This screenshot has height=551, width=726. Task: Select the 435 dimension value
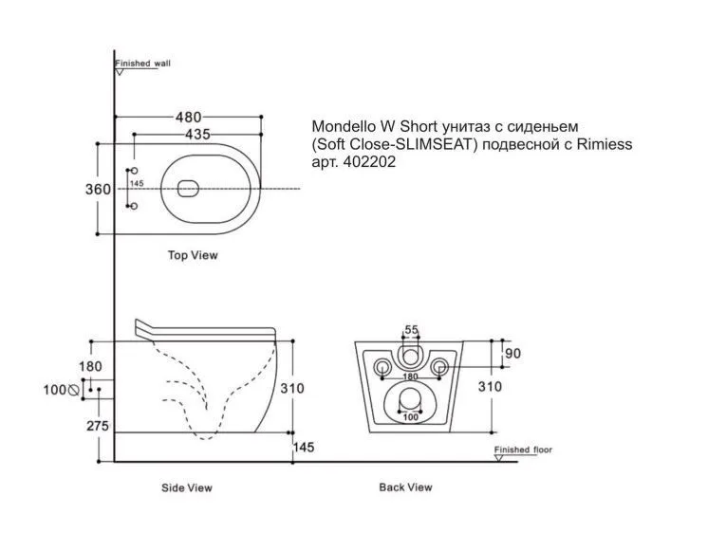coord(197,136)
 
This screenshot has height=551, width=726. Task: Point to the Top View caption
coord(193,255)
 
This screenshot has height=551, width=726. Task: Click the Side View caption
coord(186,488)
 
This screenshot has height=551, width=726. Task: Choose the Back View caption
coord(405,487)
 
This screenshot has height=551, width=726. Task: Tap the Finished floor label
coord(522,450)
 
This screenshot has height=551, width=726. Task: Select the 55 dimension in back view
coord(411,330)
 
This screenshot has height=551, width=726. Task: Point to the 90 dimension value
coord(512,354)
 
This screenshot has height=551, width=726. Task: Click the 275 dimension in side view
coord(98,426)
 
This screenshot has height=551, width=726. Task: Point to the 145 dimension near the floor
coord(304,447)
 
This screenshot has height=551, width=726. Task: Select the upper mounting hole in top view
coord(133,173)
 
